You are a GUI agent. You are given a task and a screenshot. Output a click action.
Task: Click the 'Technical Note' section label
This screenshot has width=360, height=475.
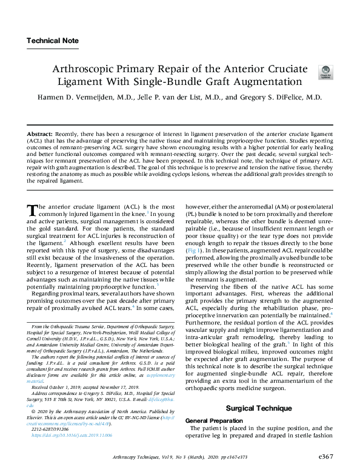pos(52,41)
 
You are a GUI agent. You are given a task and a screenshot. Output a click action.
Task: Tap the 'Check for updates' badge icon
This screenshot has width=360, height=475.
pos(325,73)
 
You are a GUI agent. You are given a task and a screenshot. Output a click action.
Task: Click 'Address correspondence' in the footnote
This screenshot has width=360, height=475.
pos(56,392)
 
